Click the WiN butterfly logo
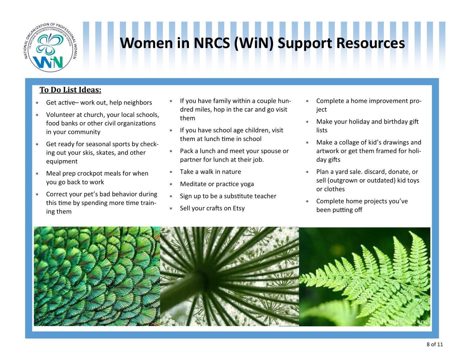(50, 47)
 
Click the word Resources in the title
(370, 43)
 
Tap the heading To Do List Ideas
(70, 90)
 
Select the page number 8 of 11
(435, 350)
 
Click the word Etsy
(239, 208)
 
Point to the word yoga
(247, 184)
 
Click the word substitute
(240, 196)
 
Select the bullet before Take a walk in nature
(171, 172)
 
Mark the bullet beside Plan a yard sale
(307, 172)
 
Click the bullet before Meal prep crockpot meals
(37, 174)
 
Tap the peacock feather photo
(97, 276)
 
